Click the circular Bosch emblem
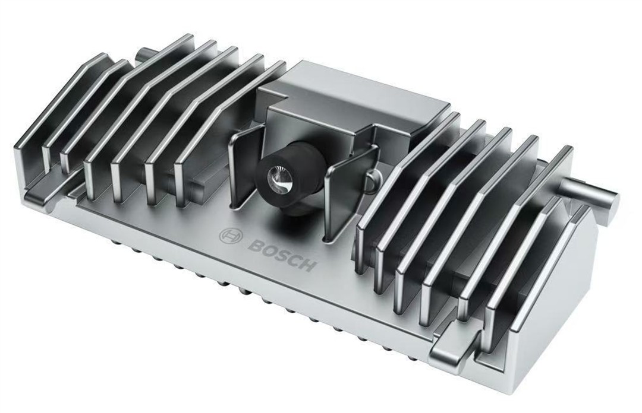coord(229,237)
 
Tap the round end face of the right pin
coord(612,199)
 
